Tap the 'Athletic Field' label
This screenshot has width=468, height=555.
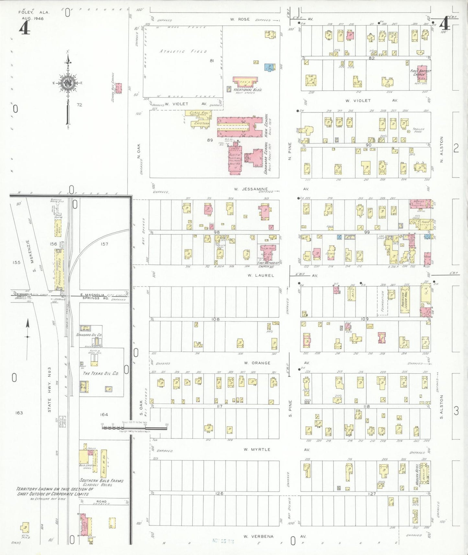point(183,51)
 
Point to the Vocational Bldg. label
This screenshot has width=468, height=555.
point(247,90)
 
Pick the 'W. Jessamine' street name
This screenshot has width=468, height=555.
point(251,189)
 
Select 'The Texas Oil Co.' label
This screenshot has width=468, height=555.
point(101,373)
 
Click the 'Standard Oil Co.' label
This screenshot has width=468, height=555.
point(89,334)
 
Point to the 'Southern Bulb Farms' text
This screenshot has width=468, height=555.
point(101,481)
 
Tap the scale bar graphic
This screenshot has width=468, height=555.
point(134,427)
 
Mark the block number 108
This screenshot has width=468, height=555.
point(215,319)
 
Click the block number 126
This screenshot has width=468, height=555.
point(219,493)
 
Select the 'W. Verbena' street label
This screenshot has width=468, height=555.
point(258,536)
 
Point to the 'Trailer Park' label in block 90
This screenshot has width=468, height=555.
point(418,130)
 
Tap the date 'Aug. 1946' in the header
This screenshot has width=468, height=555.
point(33,18)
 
